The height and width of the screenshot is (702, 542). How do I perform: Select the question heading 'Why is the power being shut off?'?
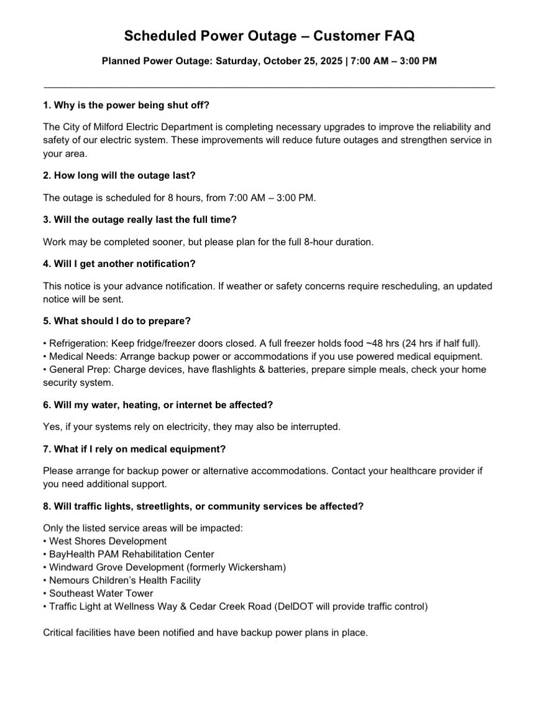coord(131,105)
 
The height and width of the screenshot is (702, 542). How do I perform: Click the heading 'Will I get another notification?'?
coord(119,263)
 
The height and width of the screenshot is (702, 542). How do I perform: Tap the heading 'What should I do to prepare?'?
coord(117,321)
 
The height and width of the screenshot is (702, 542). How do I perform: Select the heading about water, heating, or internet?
coord(158,405)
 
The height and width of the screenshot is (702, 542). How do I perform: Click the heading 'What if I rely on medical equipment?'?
coord(134,449)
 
